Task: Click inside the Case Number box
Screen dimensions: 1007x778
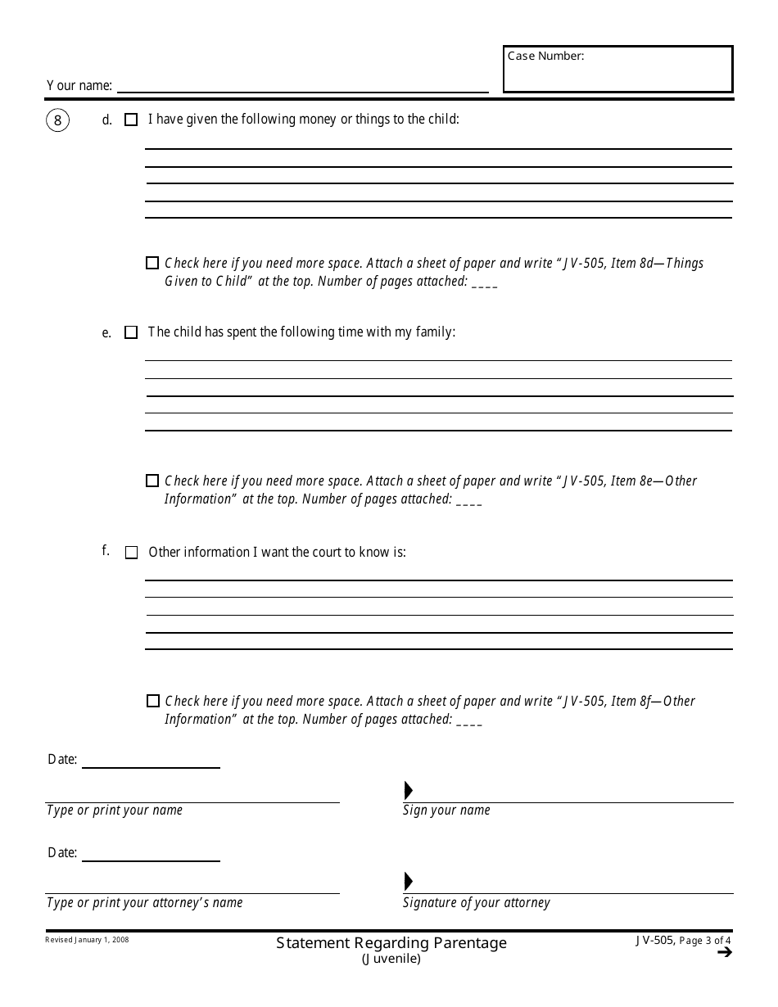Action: pos(617,74)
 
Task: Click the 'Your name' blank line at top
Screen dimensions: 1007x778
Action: pos(303,85)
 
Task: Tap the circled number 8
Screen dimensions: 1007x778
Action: pos(57,121)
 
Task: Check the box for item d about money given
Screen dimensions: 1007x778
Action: pos(131,120)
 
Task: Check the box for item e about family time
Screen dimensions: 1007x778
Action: pos(131,333)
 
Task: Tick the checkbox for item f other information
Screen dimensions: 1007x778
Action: pos(131,553)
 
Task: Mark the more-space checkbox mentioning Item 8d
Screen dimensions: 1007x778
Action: pos(152,264)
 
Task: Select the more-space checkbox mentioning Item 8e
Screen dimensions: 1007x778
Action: pos(152,481)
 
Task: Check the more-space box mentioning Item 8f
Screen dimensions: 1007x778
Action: pos(153,701)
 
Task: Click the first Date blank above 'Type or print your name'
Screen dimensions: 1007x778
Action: pos(151,761)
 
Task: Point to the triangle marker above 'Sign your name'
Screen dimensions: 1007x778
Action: pos(409,791)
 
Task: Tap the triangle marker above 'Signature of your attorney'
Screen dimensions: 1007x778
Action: pos(409,882)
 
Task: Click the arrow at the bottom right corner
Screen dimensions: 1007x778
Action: pos(723,952)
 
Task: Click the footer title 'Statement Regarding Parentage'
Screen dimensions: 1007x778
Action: pos(391,943)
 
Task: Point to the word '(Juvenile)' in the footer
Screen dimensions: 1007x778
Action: pos(391,959)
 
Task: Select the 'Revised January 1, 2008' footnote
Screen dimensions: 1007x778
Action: pos(87,940)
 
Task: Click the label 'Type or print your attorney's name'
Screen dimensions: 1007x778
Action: pos(145,903)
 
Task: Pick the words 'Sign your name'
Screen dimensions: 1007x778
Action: pos(446,811)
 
